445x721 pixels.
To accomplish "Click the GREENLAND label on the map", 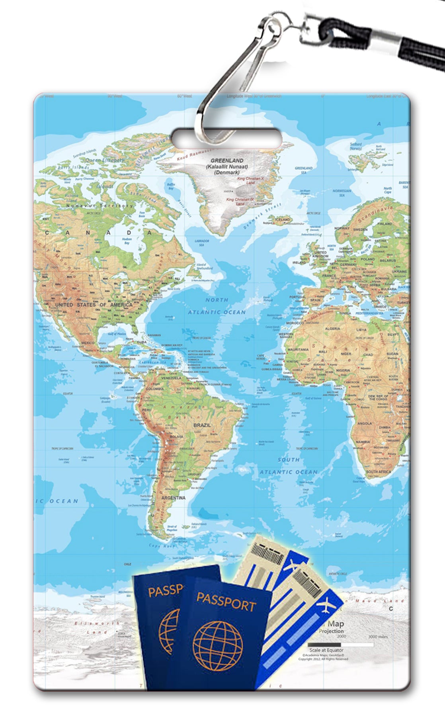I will click(227, 160).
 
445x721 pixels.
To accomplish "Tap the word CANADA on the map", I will click(98, 233).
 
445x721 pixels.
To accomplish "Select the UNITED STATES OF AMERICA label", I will click(94, 305).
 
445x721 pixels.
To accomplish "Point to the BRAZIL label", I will click(202, 425).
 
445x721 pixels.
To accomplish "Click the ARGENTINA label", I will click(173, 497).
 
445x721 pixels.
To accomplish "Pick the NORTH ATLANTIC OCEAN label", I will click(217, 306).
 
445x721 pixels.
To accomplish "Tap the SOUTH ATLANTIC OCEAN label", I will click(289, 466).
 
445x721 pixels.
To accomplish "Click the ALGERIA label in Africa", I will click(332, 329).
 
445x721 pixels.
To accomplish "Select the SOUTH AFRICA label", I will click(379, 472).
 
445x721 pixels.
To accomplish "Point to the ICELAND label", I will click(283, 219).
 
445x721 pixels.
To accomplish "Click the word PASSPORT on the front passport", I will click(226, 601).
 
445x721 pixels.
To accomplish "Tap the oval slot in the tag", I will click(227, 139).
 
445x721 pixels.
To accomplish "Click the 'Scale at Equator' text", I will click(326, 650).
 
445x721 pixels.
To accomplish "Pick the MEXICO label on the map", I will click(88, 343).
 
